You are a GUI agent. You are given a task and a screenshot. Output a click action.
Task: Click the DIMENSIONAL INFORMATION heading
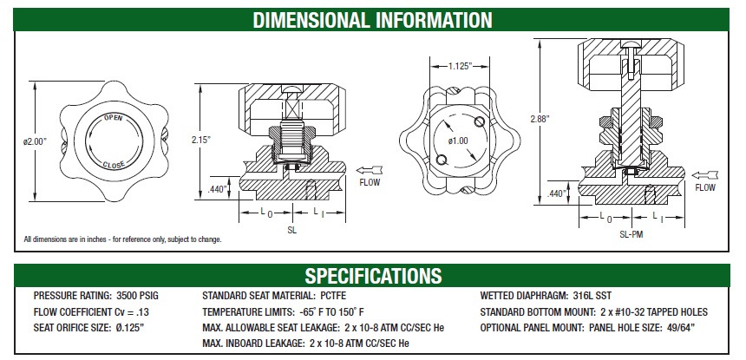pyautogui.click(x=372, y=19)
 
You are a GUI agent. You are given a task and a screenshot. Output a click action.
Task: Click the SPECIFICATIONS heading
pyautogui.click(x=372, y=276)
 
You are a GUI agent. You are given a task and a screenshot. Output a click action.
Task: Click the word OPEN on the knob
pyautogui.click(x=113, y=117)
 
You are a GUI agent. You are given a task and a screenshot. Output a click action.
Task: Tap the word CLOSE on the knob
pyautogui.click(x=113, y=164)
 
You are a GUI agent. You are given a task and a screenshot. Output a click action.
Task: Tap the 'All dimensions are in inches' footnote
pyautogui.click(x=122, y=239)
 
